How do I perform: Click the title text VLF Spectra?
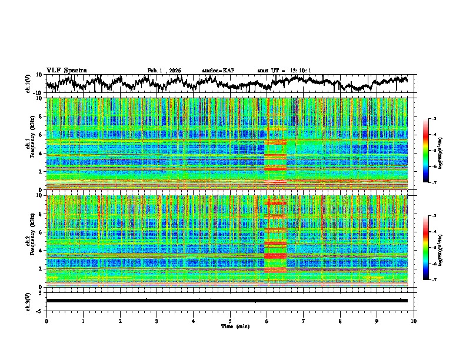click(66, 70)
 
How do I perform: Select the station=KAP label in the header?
click(218, 71)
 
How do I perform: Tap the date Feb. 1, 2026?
click(164, 71)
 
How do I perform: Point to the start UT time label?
click(284, 71)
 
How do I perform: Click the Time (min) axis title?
click(230, 326)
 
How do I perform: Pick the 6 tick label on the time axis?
click(267, 321)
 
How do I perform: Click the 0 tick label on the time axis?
click(46, 321)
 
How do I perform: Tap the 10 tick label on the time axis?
click(414, 321)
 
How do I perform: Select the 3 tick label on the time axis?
click(157, 321)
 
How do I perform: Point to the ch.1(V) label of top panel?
click(29, 83)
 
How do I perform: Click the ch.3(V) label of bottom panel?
click(29, 300)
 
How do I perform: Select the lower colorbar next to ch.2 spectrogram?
click(426, 248)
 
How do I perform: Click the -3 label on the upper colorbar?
click(434, 119)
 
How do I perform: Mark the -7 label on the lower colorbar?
click(434, 280)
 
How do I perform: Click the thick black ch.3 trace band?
click(227, 301)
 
